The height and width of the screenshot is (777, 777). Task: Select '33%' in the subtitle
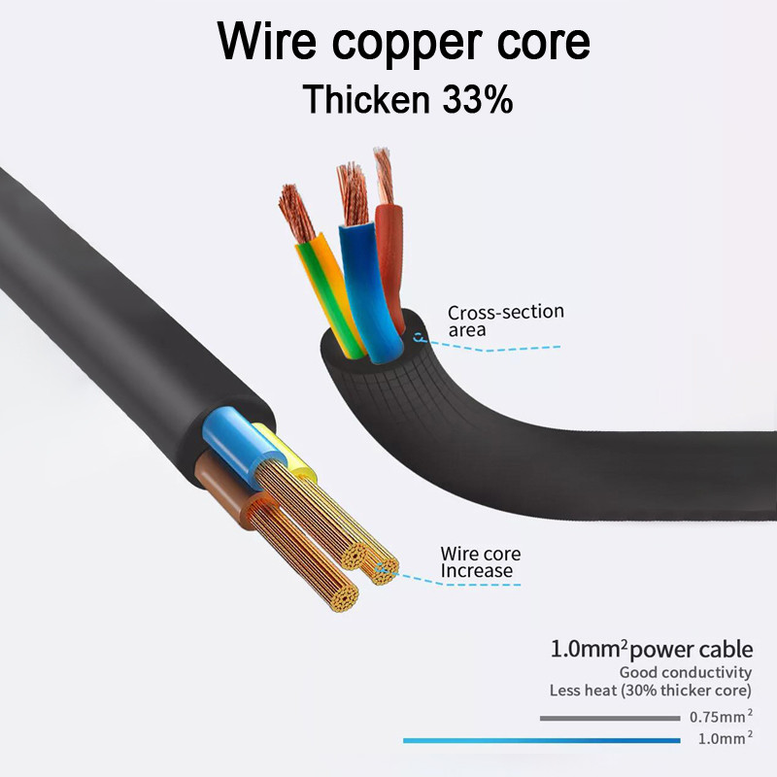pos(477,99)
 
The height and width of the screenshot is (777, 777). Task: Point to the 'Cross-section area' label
pos(505,321)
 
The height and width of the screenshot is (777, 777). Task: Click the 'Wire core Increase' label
pos(480,562)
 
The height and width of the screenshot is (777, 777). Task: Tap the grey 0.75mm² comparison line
pos(609,719)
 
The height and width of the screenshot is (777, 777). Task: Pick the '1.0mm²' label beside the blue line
pos(725,739)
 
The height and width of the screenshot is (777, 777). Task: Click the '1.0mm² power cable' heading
pos(651,649)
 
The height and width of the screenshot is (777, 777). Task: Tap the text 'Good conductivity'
pos(686,672)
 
